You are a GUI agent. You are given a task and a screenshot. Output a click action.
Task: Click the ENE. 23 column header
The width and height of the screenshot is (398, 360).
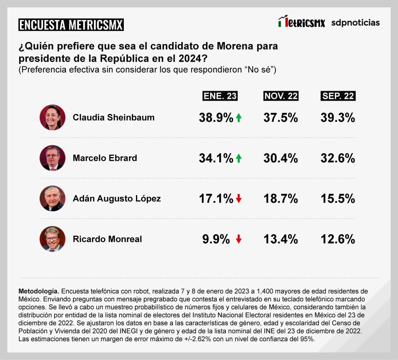(220, 96)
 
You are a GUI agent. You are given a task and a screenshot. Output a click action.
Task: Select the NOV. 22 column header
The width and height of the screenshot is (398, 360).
(281, 96)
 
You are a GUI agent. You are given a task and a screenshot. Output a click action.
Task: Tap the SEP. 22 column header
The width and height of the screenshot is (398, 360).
(338, 96)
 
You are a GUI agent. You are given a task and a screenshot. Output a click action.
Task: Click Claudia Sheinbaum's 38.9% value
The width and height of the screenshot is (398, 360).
(216, 118)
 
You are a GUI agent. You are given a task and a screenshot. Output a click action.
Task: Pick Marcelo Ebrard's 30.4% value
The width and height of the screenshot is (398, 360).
(281, 158)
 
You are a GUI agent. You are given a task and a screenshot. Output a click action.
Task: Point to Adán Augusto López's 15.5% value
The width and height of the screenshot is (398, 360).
(338, 199)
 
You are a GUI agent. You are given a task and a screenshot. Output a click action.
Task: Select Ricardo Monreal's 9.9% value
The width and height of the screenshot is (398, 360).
(216, 239)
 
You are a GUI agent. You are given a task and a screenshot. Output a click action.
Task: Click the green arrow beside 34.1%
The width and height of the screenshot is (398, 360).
(238, 159)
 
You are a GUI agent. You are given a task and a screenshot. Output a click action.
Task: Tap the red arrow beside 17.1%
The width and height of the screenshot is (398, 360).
(238, 199)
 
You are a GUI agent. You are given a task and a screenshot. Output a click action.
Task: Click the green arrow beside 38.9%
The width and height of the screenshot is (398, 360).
(238, 118)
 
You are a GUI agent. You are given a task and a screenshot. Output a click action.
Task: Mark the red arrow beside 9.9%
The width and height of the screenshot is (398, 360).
(238, 239)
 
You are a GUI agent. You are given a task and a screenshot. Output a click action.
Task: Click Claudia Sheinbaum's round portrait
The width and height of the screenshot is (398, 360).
(52, 117)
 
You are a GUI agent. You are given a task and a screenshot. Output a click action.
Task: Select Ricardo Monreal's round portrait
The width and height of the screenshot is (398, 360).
(52, 239)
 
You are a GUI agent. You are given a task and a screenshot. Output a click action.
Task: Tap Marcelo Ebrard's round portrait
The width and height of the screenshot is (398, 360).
(52, 158)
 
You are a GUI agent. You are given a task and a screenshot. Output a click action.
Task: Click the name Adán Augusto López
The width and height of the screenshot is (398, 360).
(117, 198)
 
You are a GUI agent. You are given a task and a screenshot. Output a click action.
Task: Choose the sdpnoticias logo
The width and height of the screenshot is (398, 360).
(355, 22)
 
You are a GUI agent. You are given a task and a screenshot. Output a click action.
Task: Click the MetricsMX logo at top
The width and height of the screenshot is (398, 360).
(301, 22)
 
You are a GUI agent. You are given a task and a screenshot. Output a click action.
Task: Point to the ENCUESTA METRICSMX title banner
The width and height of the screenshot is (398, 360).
(71, 25)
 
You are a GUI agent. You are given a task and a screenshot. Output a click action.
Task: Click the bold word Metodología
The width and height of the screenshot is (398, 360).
(39, 291)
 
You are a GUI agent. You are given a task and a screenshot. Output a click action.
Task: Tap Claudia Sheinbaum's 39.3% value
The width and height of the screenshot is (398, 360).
(338, 118)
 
